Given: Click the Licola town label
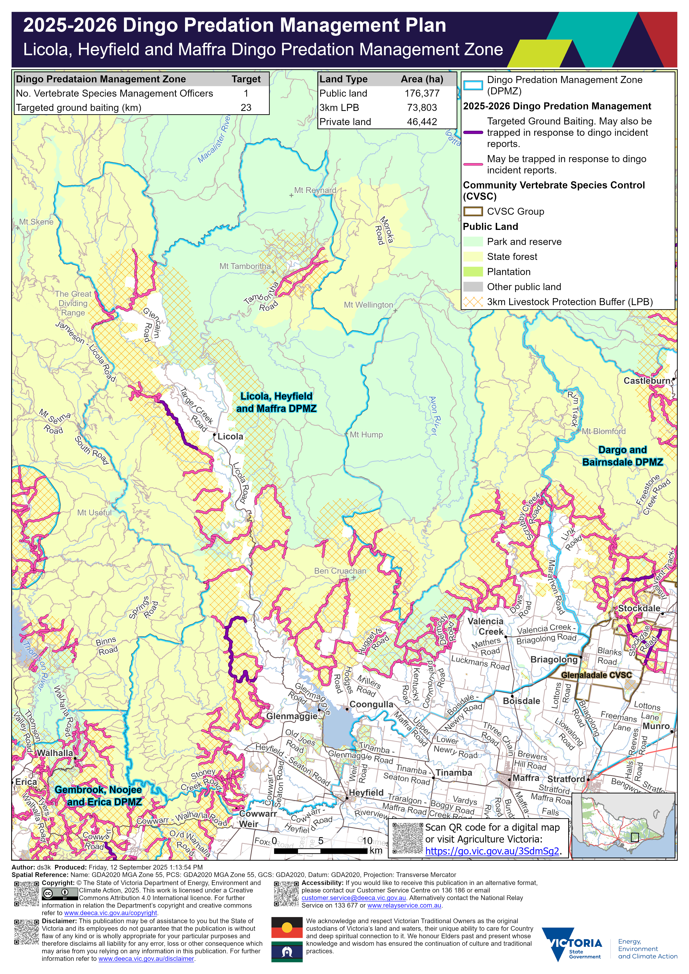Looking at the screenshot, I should pyautogui.click(x=230, y=436).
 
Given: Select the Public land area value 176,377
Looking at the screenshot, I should pyautogui.click(x=422, y=93).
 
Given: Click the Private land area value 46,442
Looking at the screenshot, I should pyautogui.click(x=422, y=122).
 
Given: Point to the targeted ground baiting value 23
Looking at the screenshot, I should pyautogui.click(x=246, y=108).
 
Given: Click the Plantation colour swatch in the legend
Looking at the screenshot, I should pyautogui.click(x=473, y=272).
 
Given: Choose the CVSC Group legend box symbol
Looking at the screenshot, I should pyautogui.click(x=473, y=211).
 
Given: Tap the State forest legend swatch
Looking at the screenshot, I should pyautogui.click(x=473, y=257).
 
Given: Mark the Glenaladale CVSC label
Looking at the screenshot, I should pyautogui.click(x=596, y=675).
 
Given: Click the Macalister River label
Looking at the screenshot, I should pyautogui.click(x=215, y=140).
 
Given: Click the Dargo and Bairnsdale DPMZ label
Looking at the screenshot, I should pyautogui.click(x=622, y=456).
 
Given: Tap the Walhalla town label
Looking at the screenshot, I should pyautogui.click(x=55, y=753).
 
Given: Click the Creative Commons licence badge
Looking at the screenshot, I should pyautogui.click(x=60, y=894).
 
